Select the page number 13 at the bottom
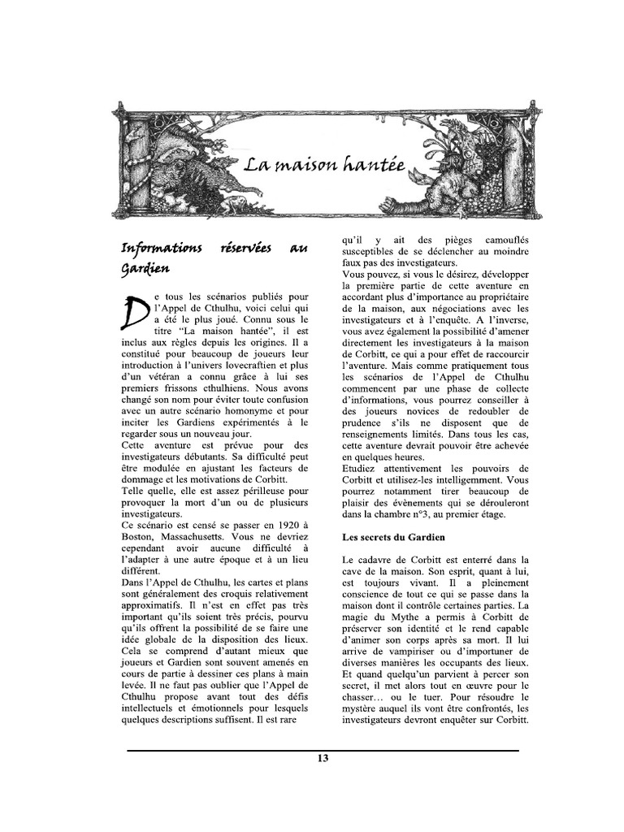(x=323, y=759)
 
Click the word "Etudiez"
(x=361, y=468)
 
